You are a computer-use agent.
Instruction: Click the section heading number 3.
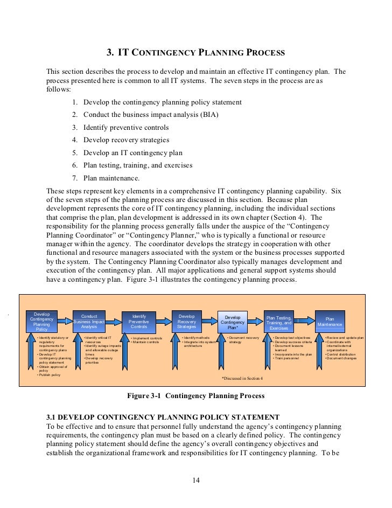110,53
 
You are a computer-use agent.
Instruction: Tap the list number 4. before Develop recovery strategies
75,140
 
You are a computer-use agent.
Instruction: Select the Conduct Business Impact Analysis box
89,322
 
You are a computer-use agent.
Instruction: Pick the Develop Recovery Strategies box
186,322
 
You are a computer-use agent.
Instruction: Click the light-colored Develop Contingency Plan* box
233,322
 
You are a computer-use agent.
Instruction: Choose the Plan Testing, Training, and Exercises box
279,322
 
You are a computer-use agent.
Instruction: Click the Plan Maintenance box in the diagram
330,322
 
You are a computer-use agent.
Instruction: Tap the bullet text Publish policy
50,374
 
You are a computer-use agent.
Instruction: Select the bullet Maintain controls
145,342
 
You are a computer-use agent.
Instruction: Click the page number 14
196,481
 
